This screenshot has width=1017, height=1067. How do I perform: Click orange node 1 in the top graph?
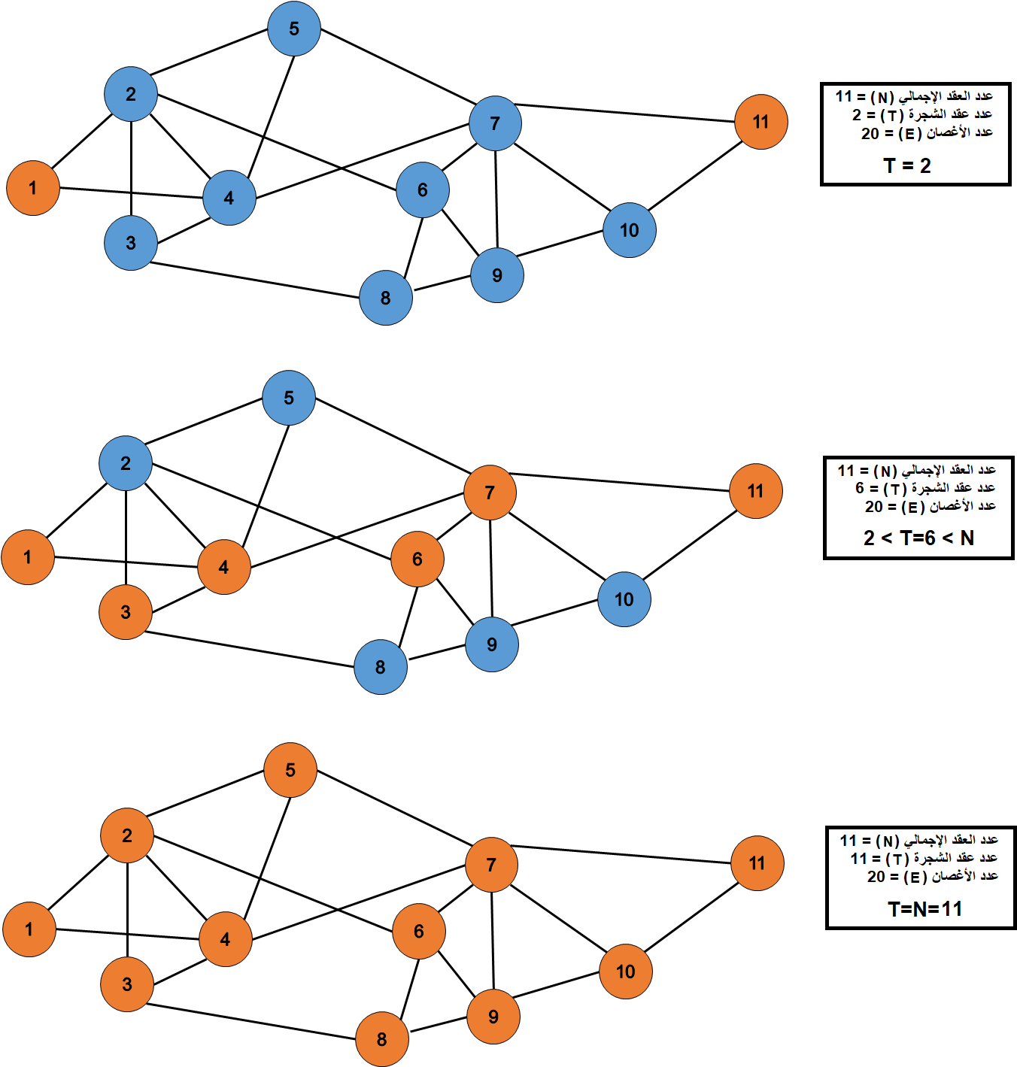(32, 188)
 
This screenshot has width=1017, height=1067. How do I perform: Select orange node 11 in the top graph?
(760, 122)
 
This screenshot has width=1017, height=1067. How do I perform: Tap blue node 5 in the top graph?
(293, 29)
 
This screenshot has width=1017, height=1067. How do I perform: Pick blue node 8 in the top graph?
(385, 298)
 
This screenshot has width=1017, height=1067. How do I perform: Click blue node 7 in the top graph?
(494, 123)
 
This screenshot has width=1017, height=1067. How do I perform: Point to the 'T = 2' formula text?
(906, 165)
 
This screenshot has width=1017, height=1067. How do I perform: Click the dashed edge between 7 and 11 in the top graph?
(624, 113)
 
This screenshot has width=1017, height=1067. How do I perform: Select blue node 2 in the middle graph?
(126, 463)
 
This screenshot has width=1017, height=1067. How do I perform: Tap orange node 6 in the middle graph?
(417, 559)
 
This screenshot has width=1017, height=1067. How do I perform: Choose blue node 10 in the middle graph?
(624, 599)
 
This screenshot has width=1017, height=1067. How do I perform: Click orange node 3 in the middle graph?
(126, 612)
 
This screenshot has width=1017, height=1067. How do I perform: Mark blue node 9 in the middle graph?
(491, 644)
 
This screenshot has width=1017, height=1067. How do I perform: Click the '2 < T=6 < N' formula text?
(918, 538)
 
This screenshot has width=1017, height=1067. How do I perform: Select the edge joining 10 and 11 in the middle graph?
(689, 545)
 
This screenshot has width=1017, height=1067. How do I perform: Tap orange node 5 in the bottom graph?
(290, 770)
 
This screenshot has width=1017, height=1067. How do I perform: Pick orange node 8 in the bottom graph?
(381, 1039)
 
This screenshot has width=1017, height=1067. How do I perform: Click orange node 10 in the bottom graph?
(625, 972)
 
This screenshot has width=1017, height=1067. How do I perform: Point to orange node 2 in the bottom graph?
(127, 835)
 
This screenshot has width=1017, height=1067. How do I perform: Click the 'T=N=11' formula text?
(924, 909)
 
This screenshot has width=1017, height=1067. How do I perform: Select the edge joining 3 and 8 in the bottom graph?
(252, 1021)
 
